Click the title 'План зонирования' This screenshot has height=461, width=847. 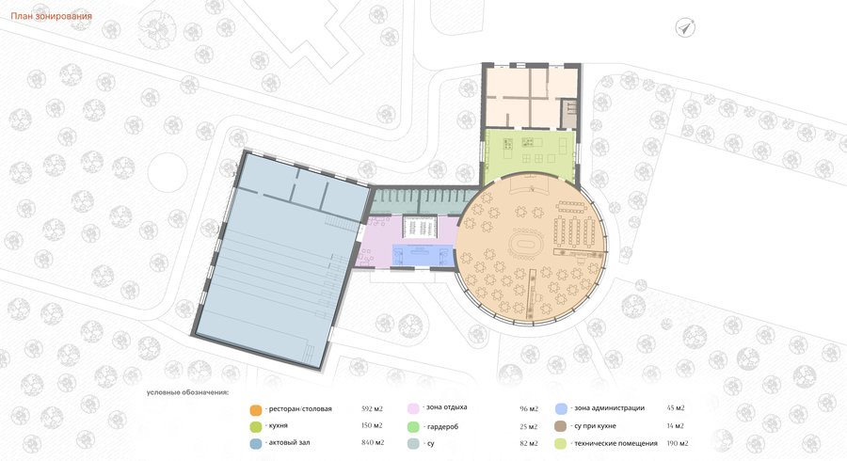(52, 16)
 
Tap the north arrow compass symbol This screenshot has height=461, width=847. (685, 27)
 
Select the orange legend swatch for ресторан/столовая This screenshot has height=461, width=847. (256, 409)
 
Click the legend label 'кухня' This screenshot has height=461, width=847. (279, 426)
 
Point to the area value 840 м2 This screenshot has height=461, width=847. (373, 442)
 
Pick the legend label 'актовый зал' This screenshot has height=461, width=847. (289, 442)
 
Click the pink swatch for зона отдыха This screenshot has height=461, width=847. (414, 408)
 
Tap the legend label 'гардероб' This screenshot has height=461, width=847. (442, 426)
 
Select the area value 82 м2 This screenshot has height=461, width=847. (529, 444)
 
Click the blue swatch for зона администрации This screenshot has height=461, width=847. (561, 408)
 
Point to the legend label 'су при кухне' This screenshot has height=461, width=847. (595, 426)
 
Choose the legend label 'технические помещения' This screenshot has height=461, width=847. (615, 443)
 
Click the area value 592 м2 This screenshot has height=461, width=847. (372, 408)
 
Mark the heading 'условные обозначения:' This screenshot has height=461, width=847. (187, 392)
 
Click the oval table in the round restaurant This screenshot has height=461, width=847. (523, 244)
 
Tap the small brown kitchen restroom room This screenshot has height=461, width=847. (569, 113)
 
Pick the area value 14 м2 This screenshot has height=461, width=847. (675, 426)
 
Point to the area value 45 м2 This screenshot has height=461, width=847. (676, 408)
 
